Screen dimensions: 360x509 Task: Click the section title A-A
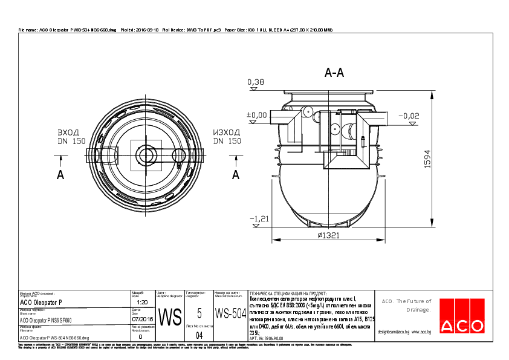(334, 73)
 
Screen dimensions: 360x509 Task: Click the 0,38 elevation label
(256, 82)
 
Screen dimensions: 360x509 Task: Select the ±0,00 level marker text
(256, 114)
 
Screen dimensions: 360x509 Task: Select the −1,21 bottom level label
(259, 218)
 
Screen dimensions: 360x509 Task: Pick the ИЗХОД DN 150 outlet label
(227, 137)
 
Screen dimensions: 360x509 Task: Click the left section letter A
(60, 174)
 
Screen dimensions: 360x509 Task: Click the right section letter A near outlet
(236, 174)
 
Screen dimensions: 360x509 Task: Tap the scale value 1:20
(142, 302)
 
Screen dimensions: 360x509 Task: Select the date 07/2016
(142, 318)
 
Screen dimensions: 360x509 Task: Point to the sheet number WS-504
(230, 315)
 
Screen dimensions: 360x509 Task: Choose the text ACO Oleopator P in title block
(41, 302)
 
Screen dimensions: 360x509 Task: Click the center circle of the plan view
(146, 155)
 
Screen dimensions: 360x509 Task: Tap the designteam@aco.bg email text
(394, 332)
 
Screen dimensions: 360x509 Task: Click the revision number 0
(140, 336)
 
